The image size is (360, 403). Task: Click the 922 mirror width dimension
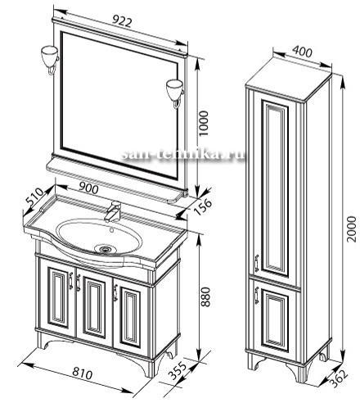[122, 21]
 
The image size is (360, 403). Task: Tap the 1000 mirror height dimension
[204, 123]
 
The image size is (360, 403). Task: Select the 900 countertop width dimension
[88, 188]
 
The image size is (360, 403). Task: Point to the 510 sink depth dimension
[34, 197]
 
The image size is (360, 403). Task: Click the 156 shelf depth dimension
[202, 206]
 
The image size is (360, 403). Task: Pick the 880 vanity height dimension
[207, 296]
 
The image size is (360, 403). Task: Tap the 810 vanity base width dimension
[83, 374]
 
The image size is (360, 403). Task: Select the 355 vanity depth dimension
[178, 371]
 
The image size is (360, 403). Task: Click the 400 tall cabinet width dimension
[302, 51]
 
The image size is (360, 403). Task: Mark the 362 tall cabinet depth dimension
[339, 378]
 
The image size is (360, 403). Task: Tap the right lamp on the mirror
[175, 93]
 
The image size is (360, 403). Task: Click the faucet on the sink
[112, 211]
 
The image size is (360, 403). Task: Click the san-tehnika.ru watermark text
[183, 155]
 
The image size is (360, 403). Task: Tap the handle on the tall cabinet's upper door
[256, 263]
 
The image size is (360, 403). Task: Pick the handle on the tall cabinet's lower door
[256, 295]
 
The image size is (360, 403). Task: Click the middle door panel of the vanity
[94, 308]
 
